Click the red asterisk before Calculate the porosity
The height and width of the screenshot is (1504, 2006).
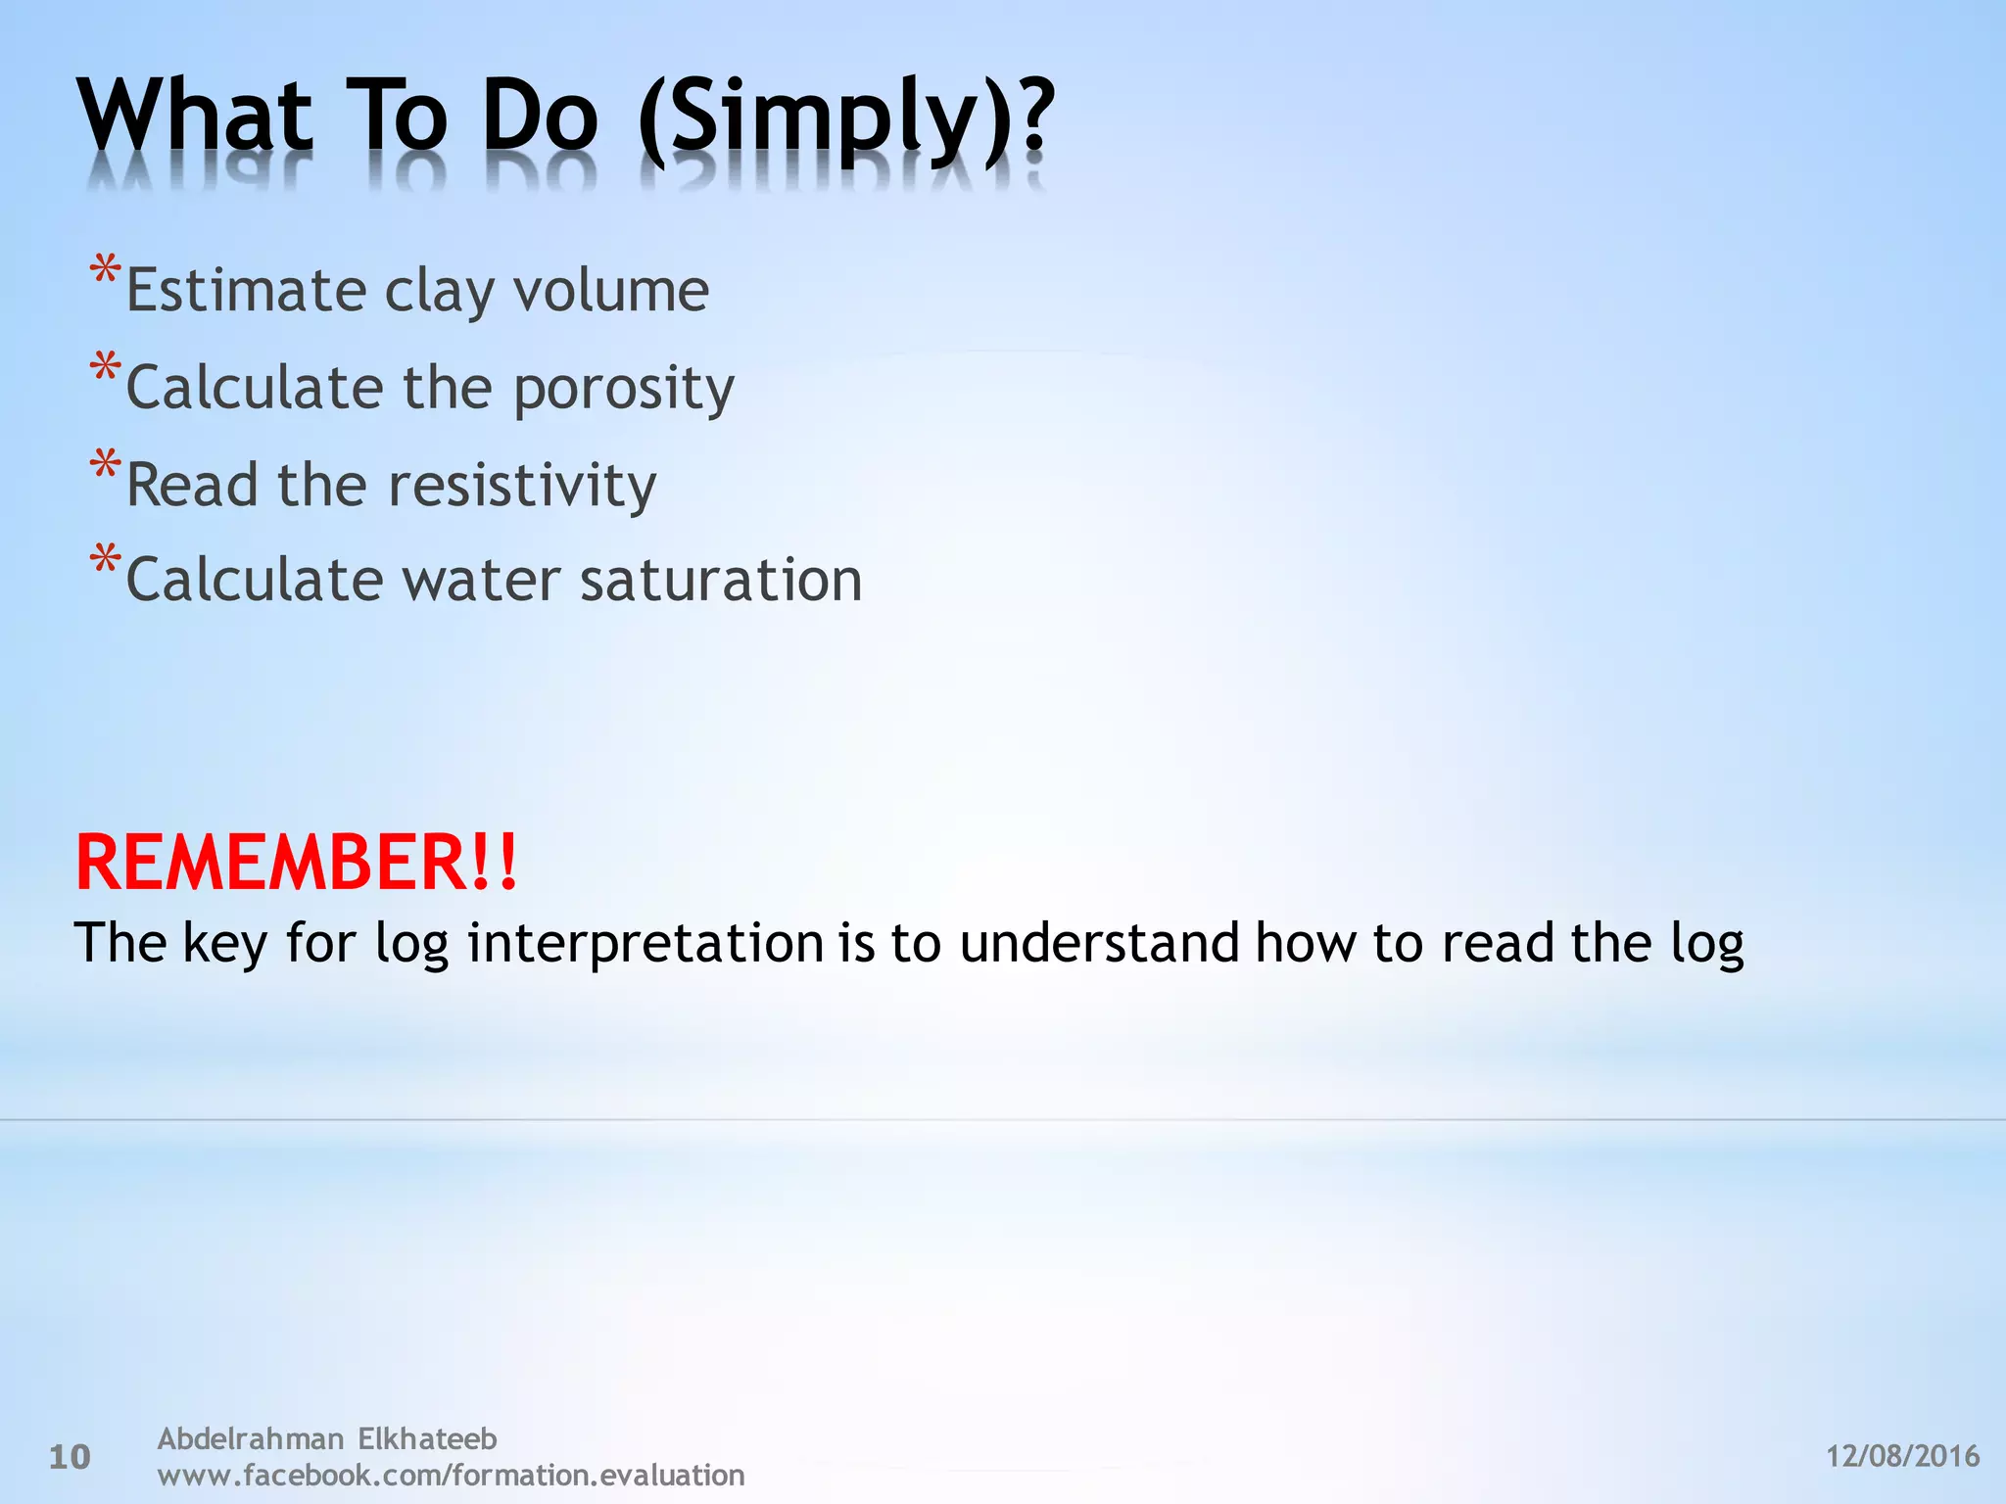click(x=105, y=368)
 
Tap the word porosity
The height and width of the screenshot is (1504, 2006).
click(x=624, y=389)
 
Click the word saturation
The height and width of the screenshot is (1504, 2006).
click(x=721, y=580)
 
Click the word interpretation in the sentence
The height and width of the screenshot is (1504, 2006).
click(x=645, y=943)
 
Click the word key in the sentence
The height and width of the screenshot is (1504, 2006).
click(x=225, y=943)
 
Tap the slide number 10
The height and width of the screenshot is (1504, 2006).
click(x=70, y=1457)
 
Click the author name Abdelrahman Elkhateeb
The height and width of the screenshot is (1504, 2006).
click(x=327, y=1438)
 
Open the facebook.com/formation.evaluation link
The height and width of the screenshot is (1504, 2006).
click(x=451, y=1475)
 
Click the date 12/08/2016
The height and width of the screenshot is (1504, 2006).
click(x=1902, y=1456)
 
